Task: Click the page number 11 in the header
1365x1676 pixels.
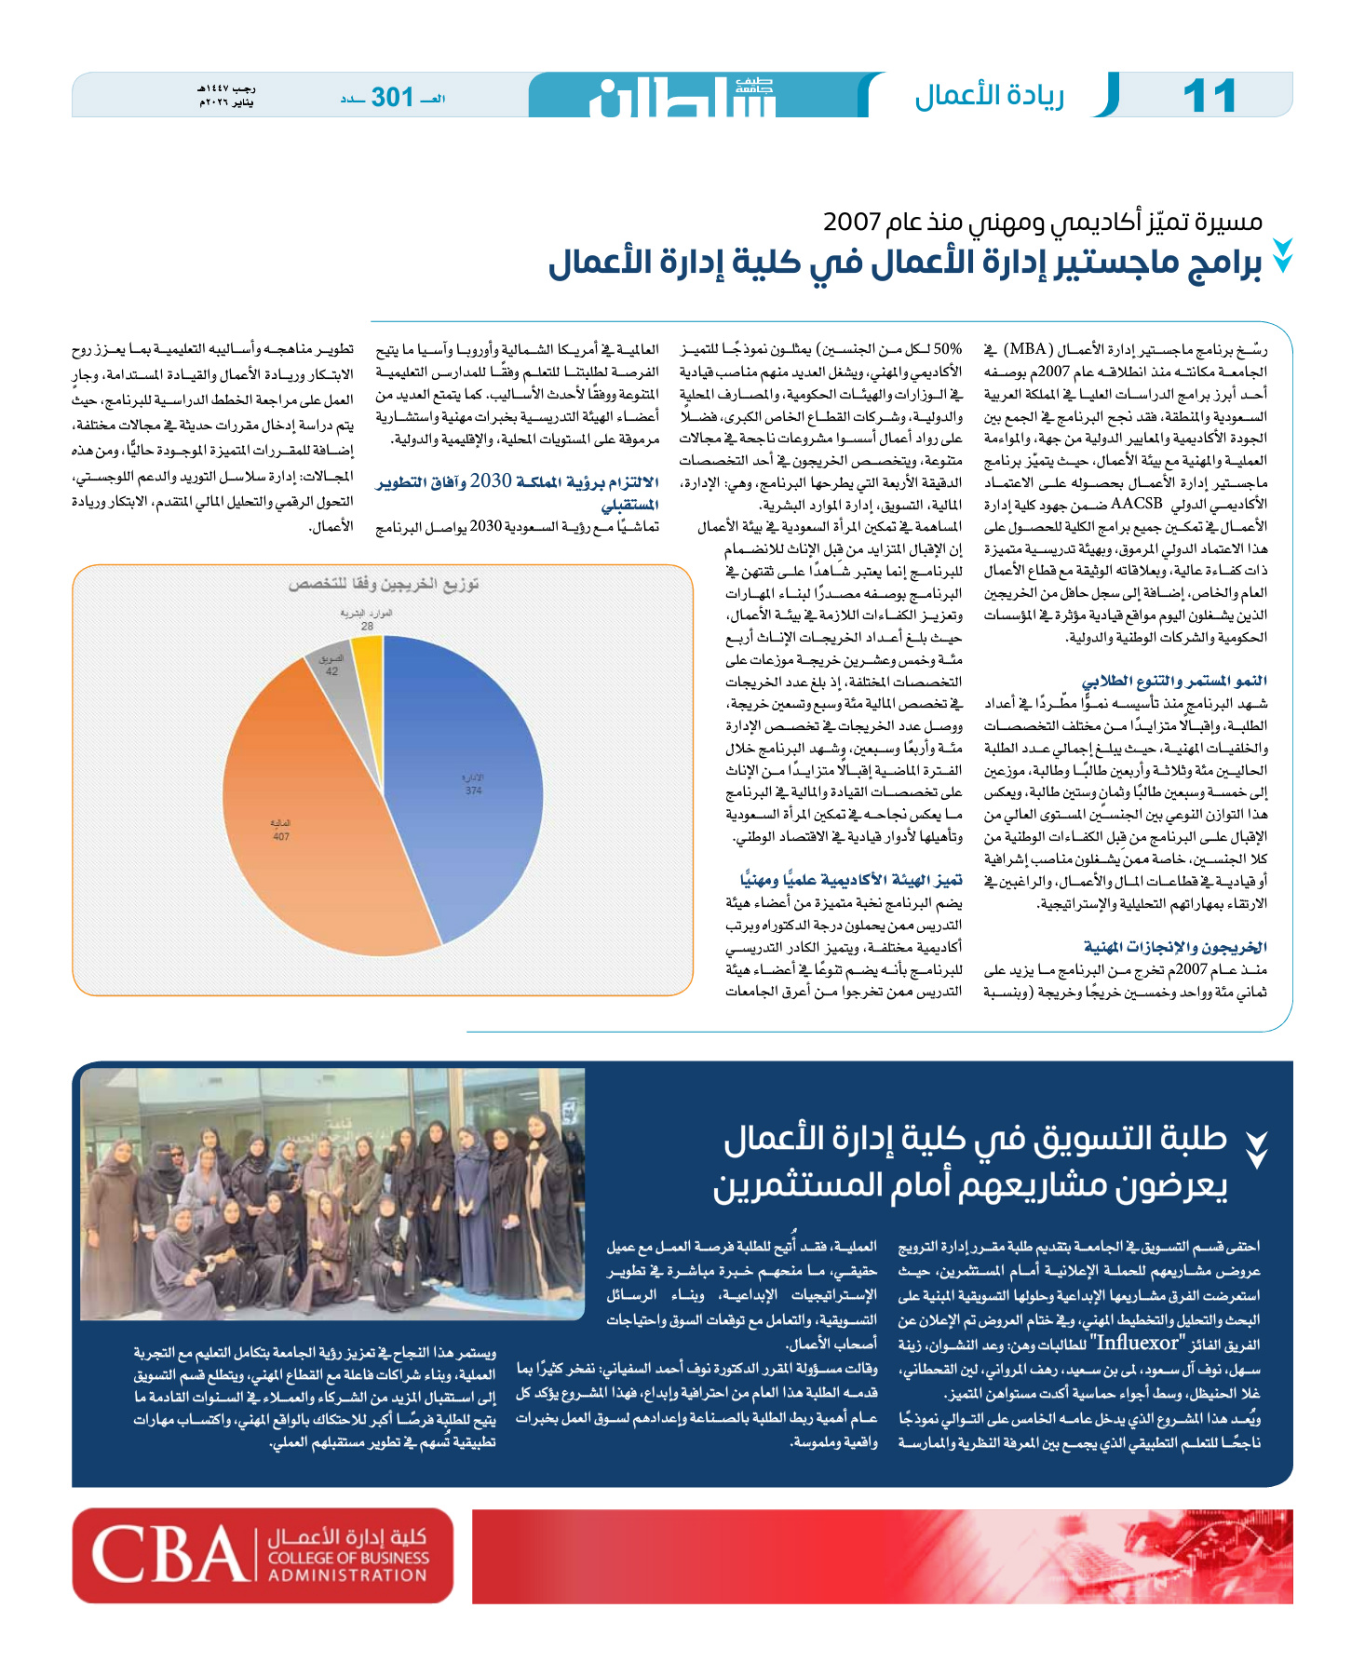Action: pyautogui.click(x=1209, y=96)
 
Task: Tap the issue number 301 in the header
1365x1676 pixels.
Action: pyautogui.click(x=392, y=97)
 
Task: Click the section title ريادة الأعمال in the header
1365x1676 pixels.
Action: pyautogui.click(x=989, y=96)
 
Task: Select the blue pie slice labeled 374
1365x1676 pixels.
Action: pyautogui.click(x=466, y=773)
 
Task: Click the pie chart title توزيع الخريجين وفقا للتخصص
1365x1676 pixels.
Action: pyautogui.click(x=383, y=584)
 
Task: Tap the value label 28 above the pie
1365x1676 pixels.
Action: pyautogui.click(x=368, y=627)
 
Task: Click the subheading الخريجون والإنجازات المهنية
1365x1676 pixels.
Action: pyautogui.click(x=1175, y=947)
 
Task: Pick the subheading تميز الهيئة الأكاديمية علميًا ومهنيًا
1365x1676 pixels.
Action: pyautogui.click(x=851, y=880)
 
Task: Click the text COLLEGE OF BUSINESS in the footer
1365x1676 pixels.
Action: pyautogui.click(x=348, y=1558)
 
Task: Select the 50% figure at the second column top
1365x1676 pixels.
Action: pyautogui.click(x=947, y=349)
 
